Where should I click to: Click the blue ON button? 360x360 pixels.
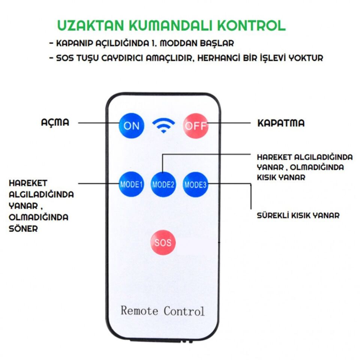(131, 126)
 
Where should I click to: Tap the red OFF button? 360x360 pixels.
(196, 126)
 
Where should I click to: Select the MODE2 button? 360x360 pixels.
(163, 184)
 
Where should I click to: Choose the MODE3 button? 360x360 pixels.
(195, 184)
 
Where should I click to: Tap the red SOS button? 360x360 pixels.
(163, 242)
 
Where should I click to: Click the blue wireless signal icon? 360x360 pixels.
(163, 125)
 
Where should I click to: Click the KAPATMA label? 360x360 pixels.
(281, 123)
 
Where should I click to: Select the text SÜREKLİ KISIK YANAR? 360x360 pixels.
(298, 216)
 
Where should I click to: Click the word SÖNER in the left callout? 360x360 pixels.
(23, 229)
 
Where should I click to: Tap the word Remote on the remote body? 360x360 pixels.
(139, 310)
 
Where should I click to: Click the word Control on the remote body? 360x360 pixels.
(184, 311)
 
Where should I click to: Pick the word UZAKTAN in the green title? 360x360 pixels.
(91, 25)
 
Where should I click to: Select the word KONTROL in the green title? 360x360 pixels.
(251, 25)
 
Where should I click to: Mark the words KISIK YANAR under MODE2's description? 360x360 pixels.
(281, 177)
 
